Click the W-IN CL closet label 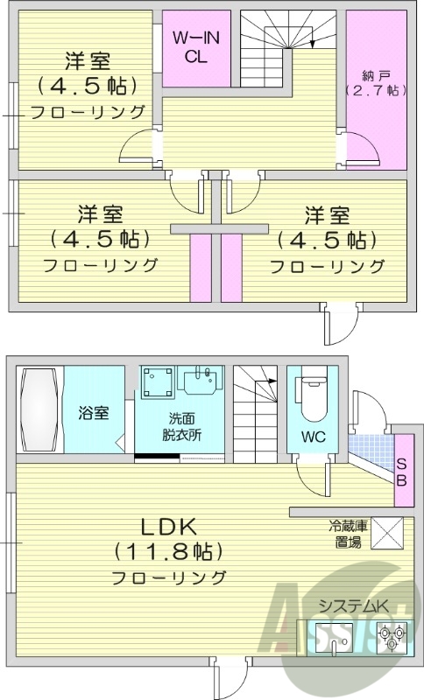point(194,45)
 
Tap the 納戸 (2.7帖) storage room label point(374,81)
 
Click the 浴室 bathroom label point(94,412)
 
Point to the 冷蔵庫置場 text point(347,533)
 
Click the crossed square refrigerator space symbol point(389,533)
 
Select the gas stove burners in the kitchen point(391,635)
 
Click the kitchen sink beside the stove point(337,636)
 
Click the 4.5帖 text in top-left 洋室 point(87,86)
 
